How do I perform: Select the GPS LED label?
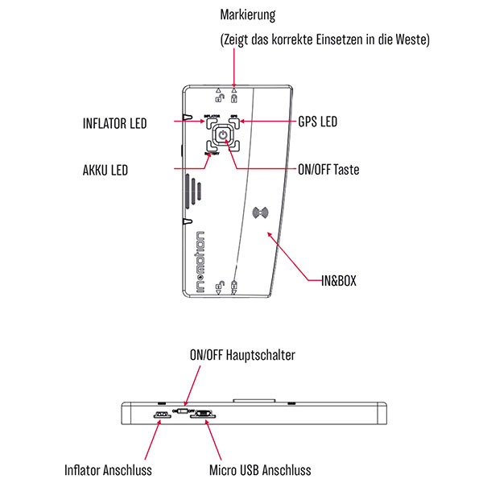pyautogui.click(x=316, y=122)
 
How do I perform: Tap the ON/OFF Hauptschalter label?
pyautogui.click(x=242, y=354)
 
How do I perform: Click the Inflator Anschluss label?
pyautogui.click(x=109, y=469)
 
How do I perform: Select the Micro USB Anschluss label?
pyautogui.click(x=259, y=469)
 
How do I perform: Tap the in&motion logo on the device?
pyautogui.click(x=200, y=258)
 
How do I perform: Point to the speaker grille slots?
pyautogui.click(x=194, y=191)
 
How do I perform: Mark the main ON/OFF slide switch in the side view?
pyautogui.click(x=182, y=411)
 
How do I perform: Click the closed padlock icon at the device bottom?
pyautogui.click(x=234, y=286)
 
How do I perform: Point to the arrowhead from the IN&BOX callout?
pyautogui.click(x=269, y=231)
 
